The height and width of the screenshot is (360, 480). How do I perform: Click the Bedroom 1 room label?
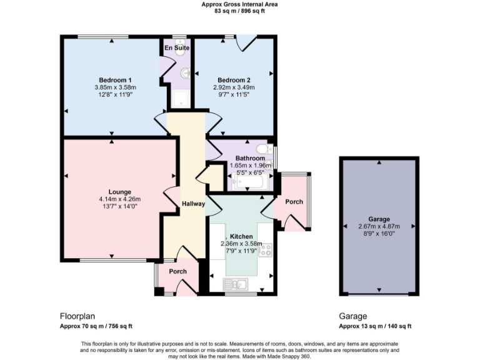click(111, 79)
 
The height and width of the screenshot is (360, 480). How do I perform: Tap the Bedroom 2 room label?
click(234, 79)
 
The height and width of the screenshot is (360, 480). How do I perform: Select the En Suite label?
click(176, 47)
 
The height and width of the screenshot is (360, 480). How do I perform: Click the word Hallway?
click(192, 204)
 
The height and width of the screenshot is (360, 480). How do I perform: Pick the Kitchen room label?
click(241, 237)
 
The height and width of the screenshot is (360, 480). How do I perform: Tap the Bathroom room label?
click(250, 158)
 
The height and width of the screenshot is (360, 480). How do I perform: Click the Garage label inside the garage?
click(379, 219)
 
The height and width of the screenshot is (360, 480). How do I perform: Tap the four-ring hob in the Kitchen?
click(266, 251)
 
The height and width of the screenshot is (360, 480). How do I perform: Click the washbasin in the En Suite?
click(185, 74)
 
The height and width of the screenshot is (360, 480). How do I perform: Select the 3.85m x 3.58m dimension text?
click(111, 87)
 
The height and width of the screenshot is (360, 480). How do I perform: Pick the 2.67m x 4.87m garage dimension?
click(379, 226)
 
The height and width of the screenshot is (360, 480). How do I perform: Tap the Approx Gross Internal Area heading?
click(240, 4)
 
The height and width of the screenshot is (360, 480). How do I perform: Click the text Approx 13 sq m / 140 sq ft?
click(375, 326)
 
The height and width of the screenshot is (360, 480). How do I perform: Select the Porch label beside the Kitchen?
click(294, 202)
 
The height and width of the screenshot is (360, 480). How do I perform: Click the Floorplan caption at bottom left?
click(77, 316)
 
